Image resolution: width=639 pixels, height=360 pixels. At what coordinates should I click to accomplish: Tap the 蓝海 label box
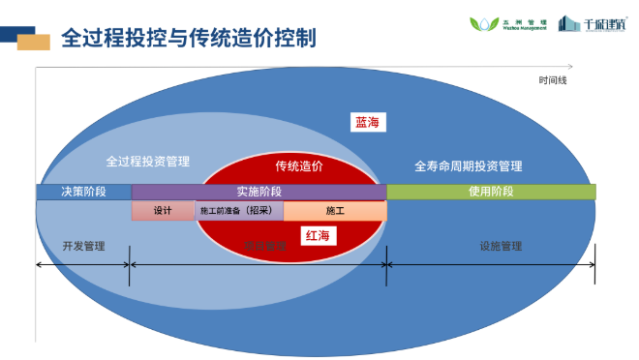point(369,122)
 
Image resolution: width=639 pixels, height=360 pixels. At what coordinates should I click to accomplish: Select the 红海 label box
point(317,235)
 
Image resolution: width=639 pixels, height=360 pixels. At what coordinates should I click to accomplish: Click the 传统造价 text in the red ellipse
point(299,166)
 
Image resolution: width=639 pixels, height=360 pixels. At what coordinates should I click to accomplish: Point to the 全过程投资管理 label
point(147,161)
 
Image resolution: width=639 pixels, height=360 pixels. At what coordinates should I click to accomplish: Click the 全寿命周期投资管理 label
point(468,165)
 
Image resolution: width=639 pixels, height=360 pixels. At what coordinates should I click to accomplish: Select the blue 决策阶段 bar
point(83,192)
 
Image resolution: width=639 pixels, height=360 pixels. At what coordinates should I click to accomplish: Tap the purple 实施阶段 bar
point(259,192)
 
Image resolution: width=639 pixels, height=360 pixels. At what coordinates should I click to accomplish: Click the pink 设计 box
point(163,210)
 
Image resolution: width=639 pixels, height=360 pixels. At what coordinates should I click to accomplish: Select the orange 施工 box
point(335,210)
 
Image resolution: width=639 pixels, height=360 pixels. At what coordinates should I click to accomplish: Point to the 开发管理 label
point(83,246)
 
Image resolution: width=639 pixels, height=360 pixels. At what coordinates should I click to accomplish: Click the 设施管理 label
point(501,246)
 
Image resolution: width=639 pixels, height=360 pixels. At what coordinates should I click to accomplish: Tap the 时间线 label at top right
point(553,80)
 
